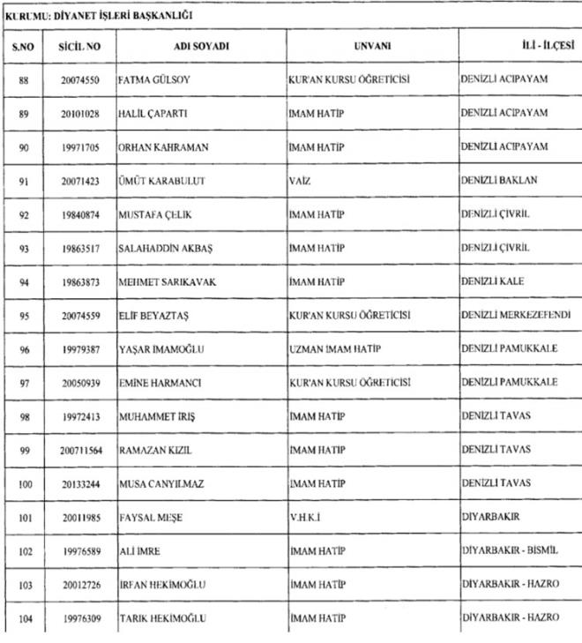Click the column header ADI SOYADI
pyautogui.click(x=201, y=46)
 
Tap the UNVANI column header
pyautogui.click(x=372, y=46)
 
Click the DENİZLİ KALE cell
pyautogui.click(x=491, y=282)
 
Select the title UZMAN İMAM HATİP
pyautogui.click(x=335, y=349)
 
